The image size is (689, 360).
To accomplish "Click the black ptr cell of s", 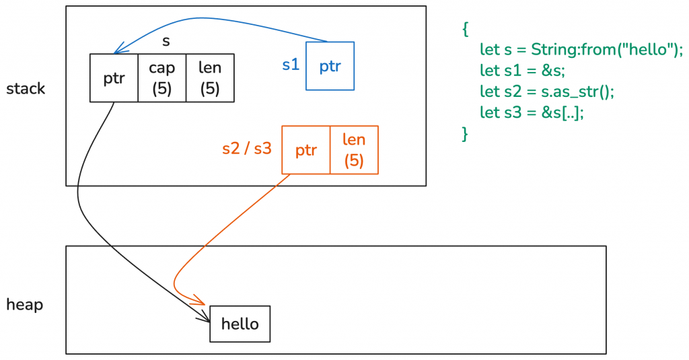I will (x=114, y=78).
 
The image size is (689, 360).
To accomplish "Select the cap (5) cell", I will (x=161, y=78).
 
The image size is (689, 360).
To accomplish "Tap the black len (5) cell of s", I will (x=210, y=78).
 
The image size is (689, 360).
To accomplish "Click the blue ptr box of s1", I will (x=330, y=66).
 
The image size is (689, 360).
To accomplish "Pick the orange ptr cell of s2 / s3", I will (x=306, y=150).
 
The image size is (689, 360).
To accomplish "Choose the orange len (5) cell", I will (x=354, y=150).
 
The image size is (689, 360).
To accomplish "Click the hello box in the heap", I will (x=240, y=324).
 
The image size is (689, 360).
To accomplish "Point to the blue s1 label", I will (x=291, y=65).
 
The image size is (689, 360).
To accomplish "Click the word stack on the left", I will (x=26, y=89).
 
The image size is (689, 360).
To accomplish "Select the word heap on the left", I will (x=24, y=305).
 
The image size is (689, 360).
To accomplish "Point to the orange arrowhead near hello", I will (x=200, y=301).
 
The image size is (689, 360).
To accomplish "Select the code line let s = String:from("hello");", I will (x=581, y=50).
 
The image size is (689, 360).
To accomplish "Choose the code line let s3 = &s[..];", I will (x=532, y=112).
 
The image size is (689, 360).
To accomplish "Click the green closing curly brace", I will (x=464, y=133).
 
